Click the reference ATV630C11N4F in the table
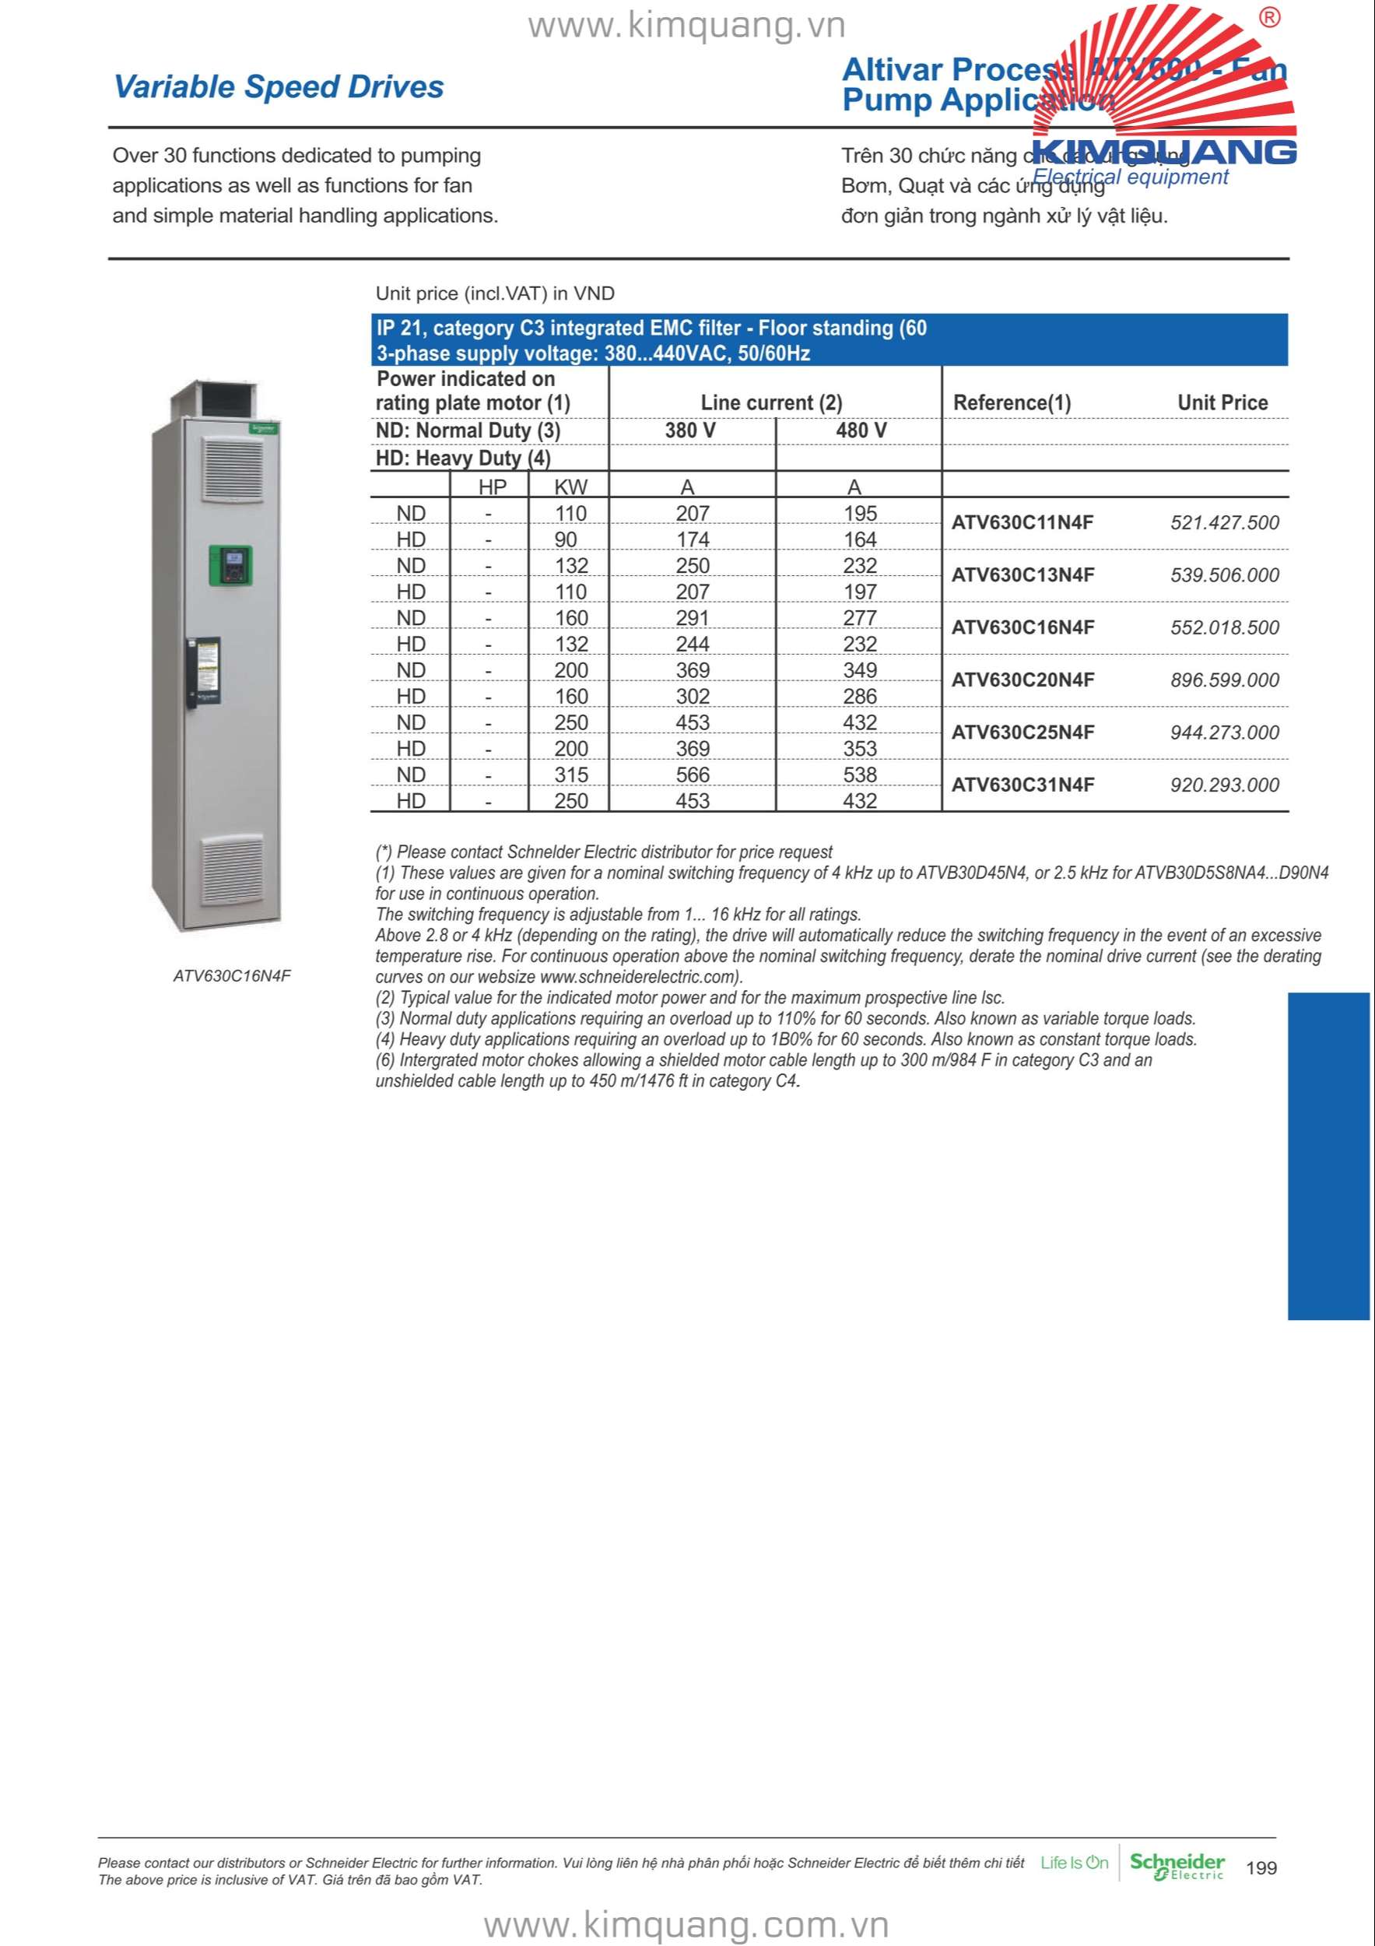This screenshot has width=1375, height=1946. click(x=1022, y=523)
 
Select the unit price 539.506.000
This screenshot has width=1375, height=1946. click(x=1224, y=575)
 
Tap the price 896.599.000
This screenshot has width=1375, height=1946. click(x=1224, y=680)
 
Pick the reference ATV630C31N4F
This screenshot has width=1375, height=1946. click(x=1022, y=785)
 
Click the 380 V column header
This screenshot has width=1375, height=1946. click(x=689, y=430)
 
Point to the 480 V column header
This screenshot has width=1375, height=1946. click(x=861, y=430)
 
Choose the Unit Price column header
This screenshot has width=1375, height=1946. click(x=1222, y=402)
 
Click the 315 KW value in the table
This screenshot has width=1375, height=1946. click(x=570, y=775)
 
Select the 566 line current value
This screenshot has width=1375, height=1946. click(x=692, y=775)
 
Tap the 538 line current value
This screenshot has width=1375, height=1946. click(x=859, y=775)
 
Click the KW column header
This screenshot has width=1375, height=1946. click(x=570, y=487)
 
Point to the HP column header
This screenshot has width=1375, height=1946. click(x=493, y=487)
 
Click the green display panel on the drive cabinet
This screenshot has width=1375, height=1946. click(x=230, y=564)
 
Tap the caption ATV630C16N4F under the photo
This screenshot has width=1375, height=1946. click(x=231, y=975)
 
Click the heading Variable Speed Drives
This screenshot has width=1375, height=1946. click(x=278, y=86)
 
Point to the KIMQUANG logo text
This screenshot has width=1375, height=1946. click(x=1164, y=153)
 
